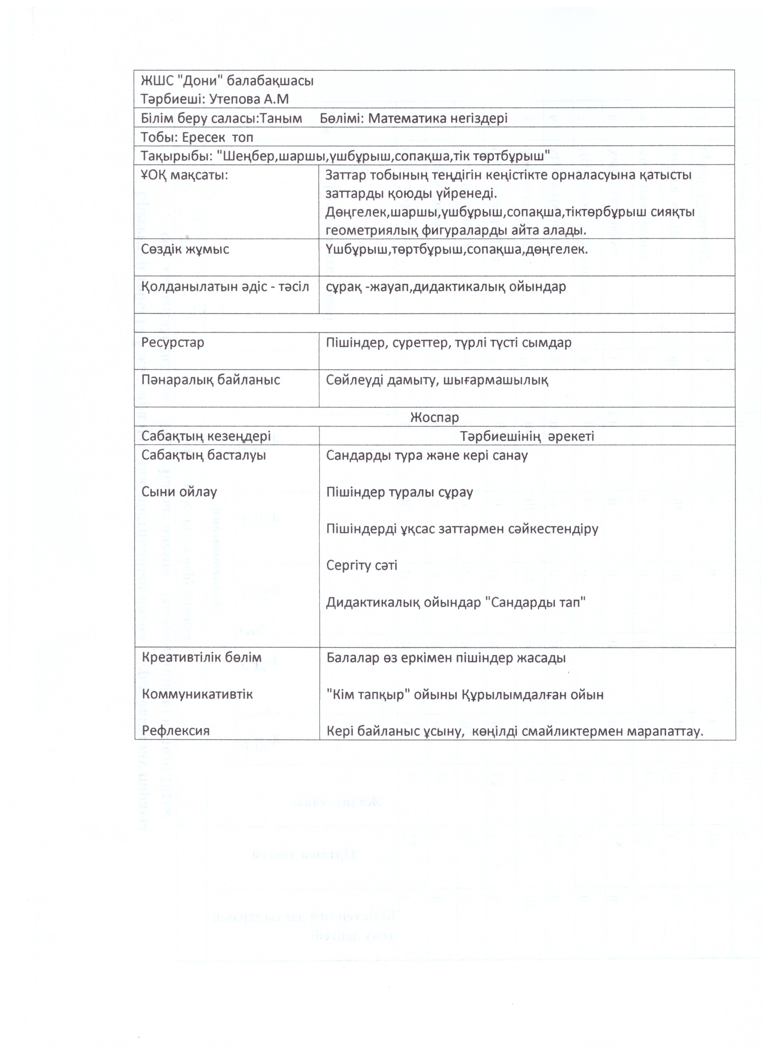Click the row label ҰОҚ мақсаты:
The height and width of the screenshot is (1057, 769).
[185, 175]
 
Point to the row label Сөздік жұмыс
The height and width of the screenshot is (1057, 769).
[185, 249]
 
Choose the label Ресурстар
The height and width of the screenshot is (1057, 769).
[173, 343]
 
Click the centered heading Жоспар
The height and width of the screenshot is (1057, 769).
[434, 417]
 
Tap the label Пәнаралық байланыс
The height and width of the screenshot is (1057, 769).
[210, 380]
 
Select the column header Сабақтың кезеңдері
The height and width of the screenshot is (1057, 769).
[206, 436]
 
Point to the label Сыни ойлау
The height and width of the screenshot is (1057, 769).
[179, 492]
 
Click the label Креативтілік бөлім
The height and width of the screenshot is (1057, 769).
[202, 658]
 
